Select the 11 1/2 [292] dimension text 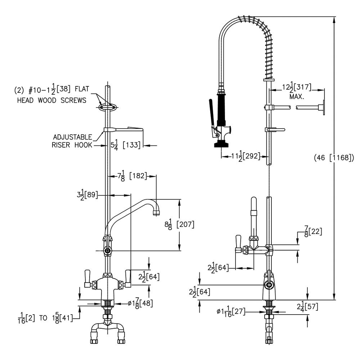coord(246,157)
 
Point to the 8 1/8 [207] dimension coord(179,225)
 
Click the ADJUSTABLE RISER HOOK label coord(72,141)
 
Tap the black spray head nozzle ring coord(220,145)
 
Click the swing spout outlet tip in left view coord(156,213)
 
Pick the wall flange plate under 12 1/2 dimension coord(323,107)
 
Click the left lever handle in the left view coord(87,278)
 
